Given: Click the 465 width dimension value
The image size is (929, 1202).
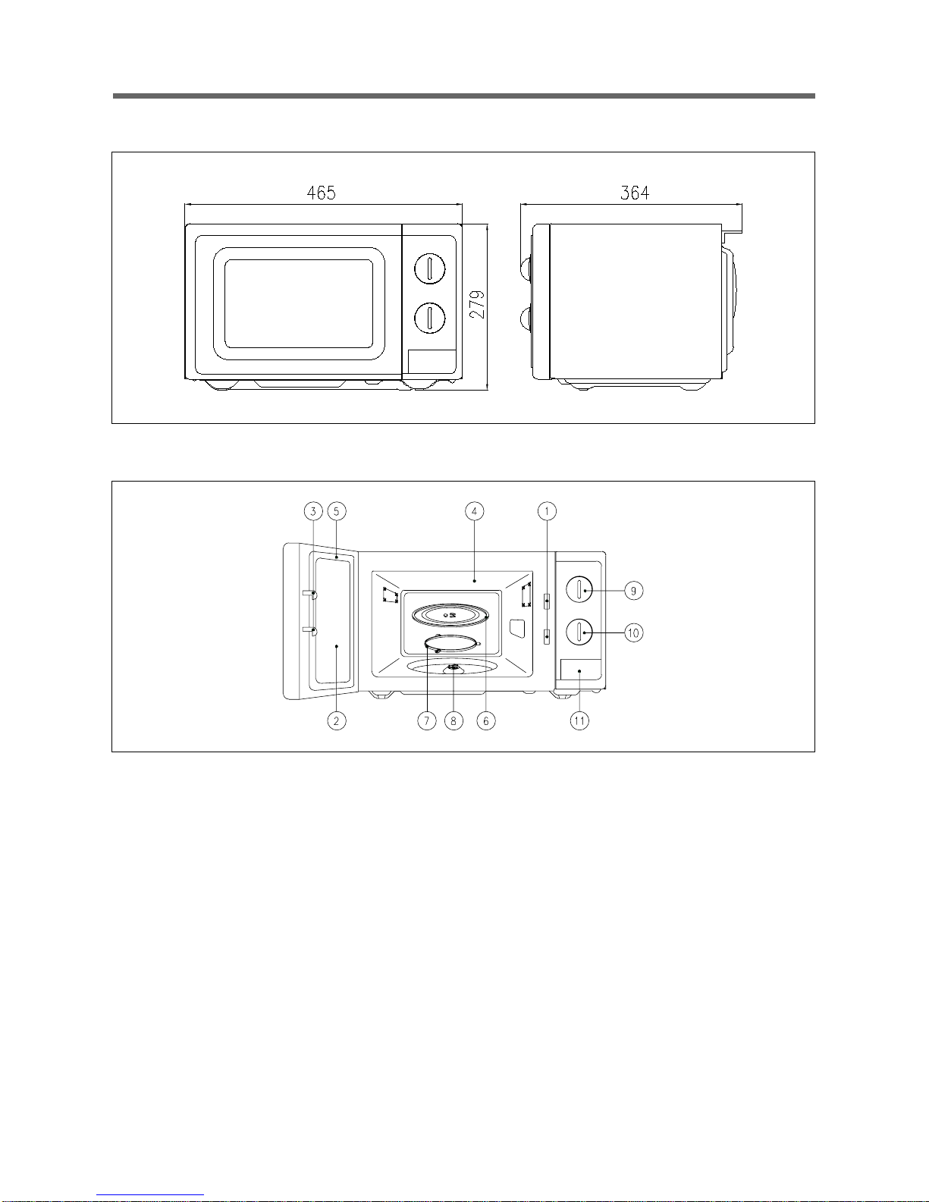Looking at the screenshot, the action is coord(322,193).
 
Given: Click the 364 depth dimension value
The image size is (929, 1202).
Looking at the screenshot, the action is coord(635,193).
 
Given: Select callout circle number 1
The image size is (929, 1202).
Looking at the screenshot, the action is coord(547,511).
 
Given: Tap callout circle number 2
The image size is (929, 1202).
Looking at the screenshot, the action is coord(336,720).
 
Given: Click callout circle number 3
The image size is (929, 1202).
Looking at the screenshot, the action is coord(313,511).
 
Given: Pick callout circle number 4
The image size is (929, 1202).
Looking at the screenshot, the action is coord(475,511).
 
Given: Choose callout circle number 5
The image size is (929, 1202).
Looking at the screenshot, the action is coord(337,511).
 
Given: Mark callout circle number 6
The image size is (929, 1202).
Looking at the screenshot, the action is coord(486,720).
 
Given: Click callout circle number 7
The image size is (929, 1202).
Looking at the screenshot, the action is coord(427,720).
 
